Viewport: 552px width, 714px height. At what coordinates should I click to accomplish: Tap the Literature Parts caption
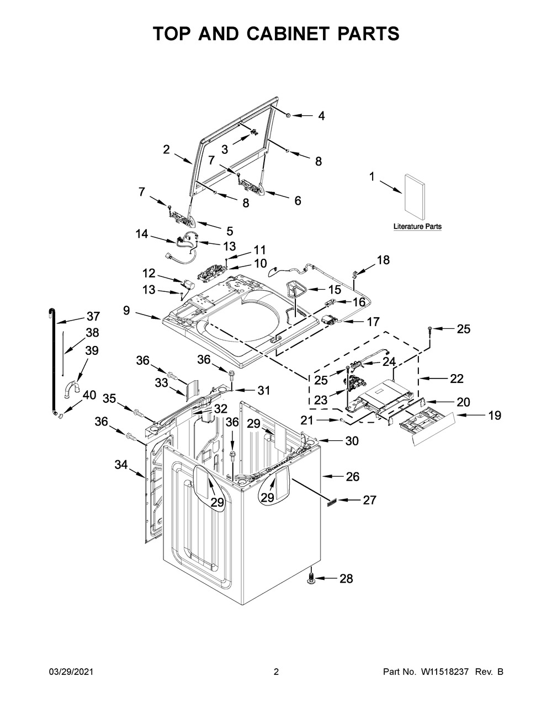[x=417, y=227]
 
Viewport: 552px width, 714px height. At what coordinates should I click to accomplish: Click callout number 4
[x=321, y=116]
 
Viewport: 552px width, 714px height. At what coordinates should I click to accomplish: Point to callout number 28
[x=346, y=579]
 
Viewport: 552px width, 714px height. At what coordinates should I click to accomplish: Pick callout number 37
[x=93, y=317]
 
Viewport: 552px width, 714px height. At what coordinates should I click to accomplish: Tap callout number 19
[x=479, y=415]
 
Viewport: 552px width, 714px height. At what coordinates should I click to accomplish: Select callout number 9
[x=126, y=311]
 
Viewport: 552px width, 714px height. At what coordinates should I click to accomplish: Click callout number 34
[x=121, y=466]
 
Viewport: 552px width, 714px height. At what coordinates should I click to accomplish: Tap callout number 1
[x=371, y=177]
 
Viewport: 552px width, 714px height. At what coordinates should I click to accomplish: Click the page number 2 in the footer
[x=276, y=672]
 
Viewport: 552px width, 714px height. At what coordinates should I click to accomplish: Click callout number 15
[x=335, y=290]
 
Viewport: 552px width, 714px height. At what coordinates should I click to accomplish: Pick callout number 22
[x=457, y=379]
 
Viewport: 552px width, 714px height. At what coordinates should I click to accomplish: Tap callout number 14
[x=142, y=234]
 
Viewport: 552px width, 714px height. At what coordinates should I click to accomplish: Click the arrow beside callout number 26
[x=330, y=476]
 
